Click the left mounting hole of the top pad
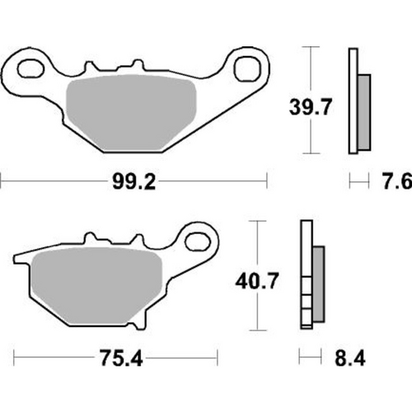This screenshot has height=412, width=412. tap(31, 68)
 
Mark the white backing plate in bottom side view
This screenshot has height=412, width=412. tap(306, 272)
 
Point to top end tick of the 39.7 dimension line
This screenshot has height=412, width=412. tap(309, 48)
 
